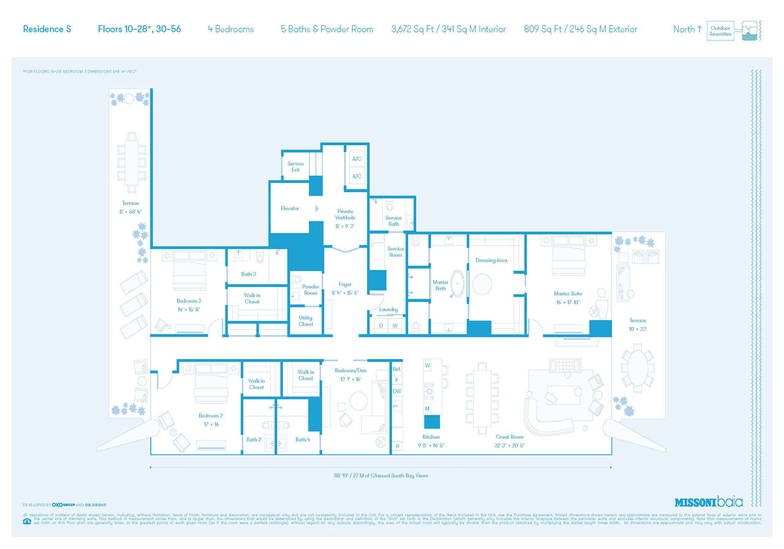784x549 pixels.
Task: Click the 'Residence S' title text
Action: [43, 29]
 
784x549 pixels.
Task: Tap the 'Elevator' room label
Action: [290, 208]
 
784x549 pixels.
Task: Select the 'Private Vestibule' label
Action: [345, 214]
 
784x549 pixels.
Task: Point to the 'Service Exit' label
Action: [295, 167]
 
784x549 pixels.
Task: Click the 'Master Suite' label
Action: [568, 293]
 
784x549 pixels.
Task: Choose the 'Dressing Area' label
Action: [491, 260]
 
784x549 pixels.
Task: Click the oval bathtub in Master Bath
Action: [458, 283]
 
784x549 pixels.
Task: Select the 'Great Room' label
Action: [510, 437]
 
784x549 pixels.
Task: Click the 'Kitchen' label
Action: [431, 437]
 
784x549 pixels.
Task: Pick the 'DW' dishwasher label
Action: [397, 391]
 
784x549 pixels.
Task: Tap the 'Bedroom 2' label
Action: [211, 415]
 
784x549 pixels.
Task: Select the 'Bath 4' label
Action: [301, 439]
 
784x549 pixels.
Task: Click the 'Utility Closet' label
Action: [306, 320]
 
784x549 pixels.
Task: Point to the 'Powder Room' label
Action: [311, 290]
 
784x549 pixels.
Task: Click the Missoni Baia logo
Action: [708, 502]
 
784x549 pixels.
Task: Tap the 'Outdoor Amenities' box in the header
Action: [720, 31]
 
